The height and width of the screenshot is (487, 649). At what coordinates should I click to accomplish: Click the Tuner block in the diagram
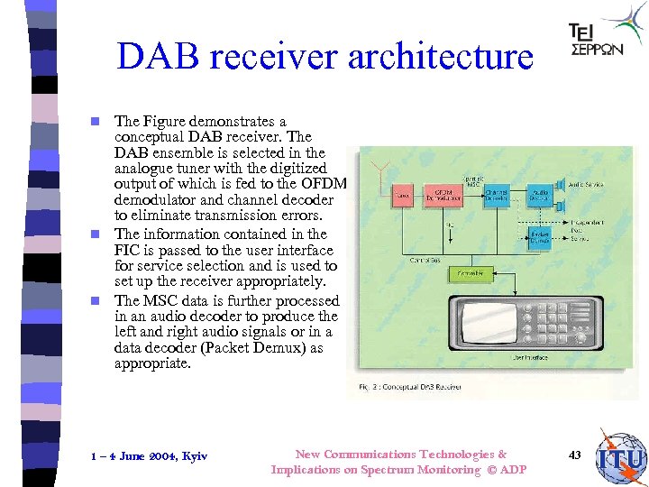pos(402,194)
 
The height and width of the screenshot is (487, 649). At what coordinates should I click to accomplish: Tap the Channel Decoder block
pos(496,194)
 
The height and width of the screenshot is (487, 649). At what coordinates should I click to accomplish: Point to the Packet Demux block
pos(541,237)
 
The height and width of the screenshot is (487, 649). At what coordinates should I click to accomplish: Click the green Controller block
pos(470,272)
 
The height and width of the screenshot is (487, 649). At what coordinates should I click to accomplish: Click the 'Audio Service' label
pos(591,184)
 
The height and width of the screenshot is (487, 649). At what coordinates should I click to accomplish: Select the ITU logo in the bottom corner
pos(621,458)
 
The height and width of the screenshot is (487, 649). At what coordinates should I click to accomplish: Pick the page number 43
pos(574,455)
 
